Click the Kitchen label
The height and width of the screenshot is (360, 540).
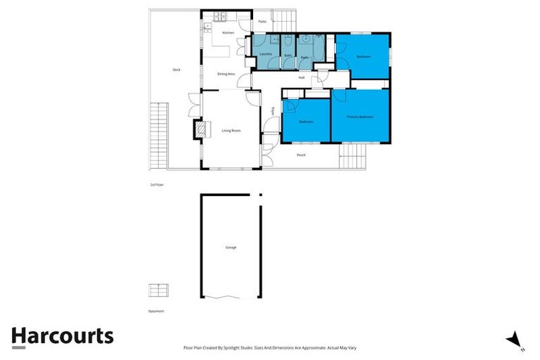click(228, 33)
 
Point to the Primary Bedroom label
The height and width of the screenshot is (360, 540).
click(359, 116)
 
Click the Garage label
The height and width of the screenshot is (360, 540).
click(231, 247)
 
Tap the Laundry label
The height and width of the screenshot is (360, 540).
click(265, 54)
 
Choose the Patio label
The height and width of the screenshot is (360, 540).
click(262, 22)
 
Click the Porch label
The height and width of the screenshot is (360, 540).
click(301, 155)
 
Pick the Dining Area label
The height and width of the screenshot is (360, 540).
click(226, 73)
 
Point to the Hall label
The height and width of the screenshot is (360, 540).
click(301, 77)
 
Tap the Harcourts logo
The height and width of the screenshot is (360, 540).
click(62, 336)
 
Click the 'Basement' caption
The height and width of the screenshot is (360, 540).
click(156, 310)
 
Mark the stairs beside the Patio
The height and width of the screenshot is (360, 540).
click(284, 20)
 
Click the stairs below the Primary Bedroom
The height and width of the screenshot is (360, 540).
click(356, 157)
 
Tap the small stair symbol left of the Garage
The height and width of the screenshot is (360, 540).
click(158, 290)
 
